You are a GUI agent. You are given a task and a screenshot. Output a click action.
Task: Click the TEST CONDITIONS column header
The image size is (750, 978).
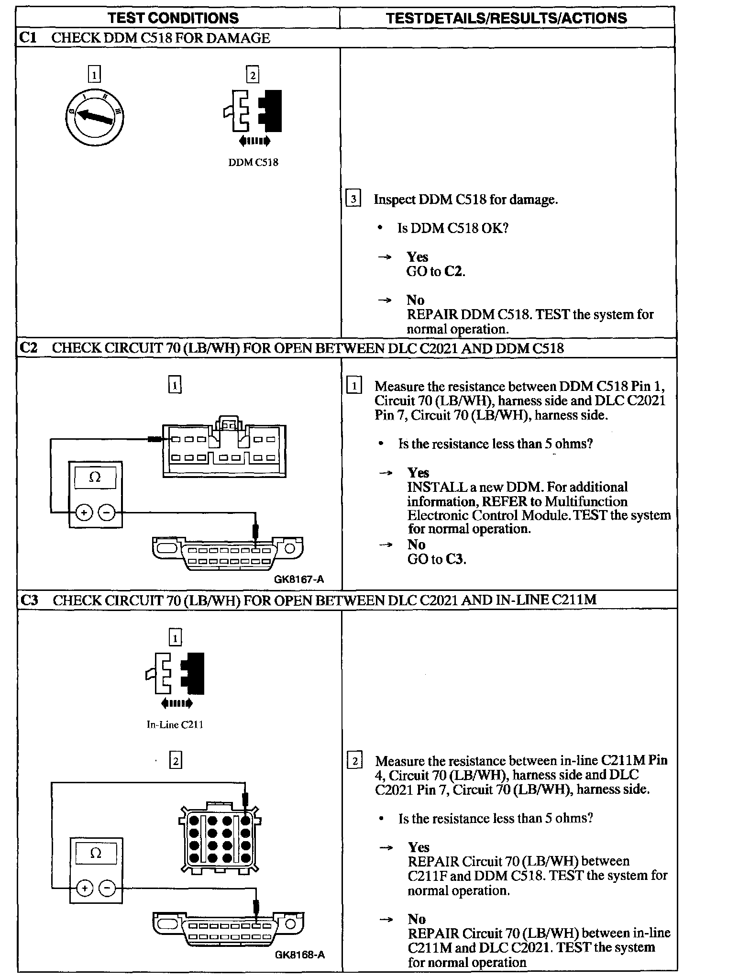click(x=173, y=18)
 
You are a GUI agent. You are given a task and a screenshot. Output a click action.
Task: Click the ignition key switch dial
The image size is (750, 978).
click(x=95, y=117)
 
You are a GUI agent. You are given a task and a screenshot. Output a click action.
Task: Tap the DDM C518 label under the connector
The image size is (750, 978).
click(x=253, y=162)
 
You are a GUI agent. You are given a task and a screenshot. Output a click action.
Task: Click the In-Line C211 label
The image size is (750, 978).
click(x=175, y=724)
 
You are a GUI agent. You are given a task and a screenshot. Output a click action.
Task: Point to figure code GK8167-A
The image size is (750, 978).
click(x=299, y=579)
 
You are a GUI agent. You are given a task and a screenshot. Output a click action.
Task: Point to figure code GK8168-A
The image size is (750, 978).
click(x=300, y=955)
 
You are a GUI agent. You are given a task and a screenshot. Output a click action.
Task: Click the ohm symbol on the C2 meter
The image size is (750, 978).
click(x=95, y=477)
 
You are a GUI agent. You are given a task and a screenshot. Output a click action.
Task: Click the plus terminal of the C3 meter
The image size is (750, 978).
click(x=84, y=889)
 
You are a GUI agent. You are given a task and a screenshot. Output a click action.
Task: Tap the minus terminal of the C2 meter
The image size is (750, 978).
click(x=107, y=513)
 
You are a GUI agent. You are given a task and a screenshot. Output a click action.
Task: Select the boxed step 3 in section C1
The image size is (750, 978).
click(x=353, y=198)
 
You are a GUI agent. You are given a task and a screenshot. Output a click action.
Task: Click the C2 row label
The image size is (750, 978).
click(x=29, y=348)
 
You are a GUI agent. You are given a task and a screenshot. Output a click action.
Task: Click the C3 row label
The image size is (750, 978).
click(x=29, y=600)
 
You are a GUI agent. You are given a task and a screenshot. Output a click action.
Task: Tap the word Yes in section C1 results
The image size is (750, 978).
click(x=417, y=257)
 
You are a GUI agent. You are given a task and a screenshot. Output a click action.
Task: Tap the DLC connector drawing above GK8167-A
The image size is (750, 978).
click(x=228, y=554)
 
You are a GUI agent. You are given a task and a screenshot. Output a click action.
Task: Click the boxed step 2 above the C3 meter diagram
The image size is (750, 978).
click(x=176, y=760)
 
